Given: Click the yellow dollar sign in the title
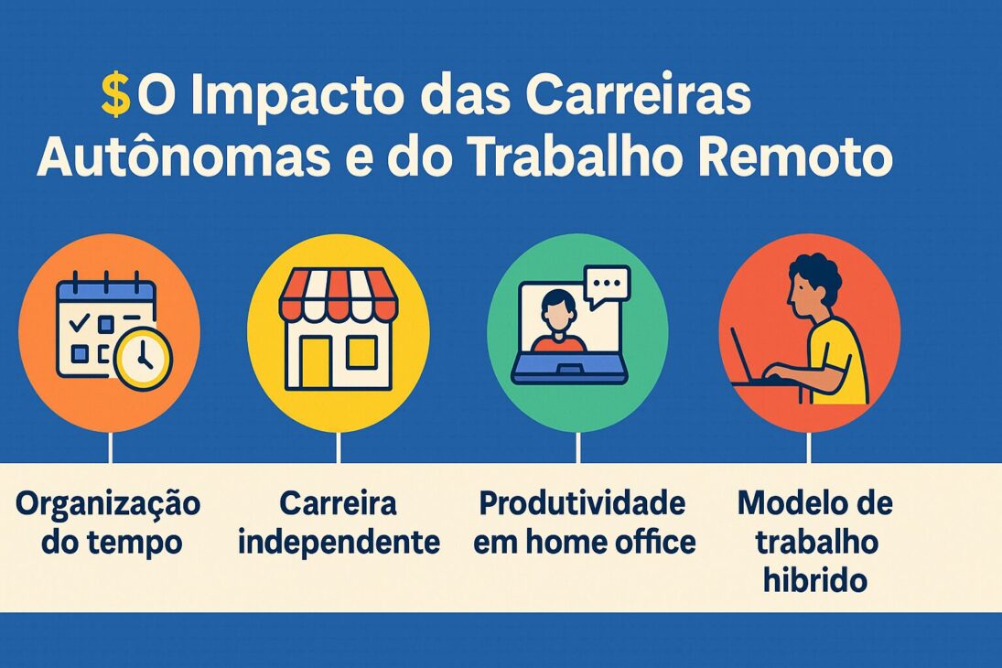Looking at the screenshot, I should tap(115, 96).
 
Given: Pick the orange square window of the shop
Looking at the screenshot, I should tap(361, 350).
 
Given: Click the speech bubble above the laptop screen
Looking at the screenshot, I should tap(607, 286).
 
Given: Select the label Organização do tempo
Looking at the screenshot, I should tap(108, 523).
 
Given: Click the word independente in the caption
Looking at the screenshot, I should tap(339, 542).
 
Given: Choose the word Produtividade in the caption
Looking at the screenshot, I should tap(583, 502).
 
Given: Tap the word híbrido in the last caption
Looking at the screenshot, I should tap(815, 580).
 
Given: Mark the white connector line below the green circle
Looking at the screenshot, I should tap(578, 447).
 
